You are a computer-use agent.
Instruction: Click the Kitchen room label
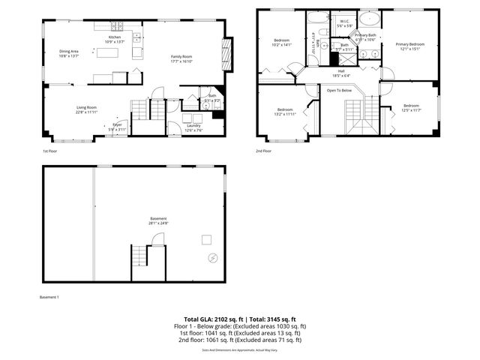tap(115, 37)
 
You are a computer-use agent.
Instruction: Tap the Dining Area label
tap(69, 51)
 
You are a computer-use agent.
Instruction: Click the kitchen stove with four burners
tap(137, 37)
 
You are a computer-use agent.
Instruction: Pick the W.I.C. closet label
tap(345, 22)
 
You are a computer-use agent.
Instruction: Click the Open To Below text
tap(340, 91)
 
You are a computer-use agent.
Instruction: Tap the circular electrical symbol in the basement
tap(213, 257)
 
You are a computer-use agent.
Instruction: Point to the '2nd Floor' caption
tap(263, 151)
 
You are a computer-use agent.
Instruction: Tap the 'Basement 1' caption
tap(49, 297)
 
